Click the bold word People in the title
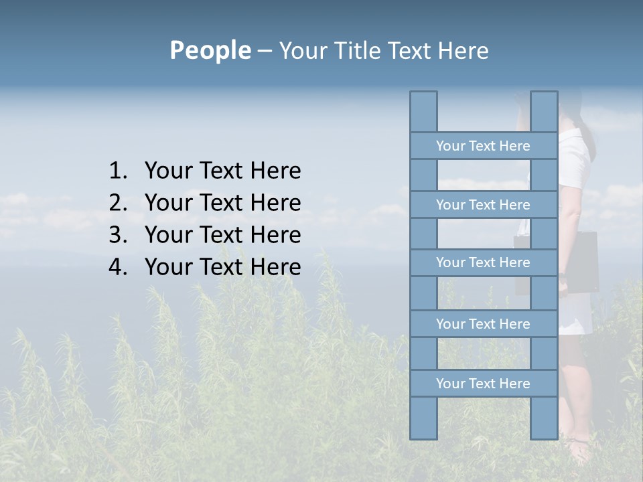point(210,51)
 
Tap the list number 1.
point(117,171)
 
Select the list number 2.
point(117,204)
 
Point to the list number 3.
point(117,236)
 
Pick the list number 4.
point(117,268)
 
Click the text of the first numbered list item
point(222,171)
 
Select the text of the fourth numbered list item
point(222,268)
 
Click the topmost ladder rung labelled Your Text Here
point(483,146)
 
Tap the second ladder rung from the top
point(483,205)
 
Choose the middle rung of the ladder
point(483,263)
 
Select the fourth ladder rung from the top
point(483,324)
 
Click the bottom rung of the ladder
point(483,384)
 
